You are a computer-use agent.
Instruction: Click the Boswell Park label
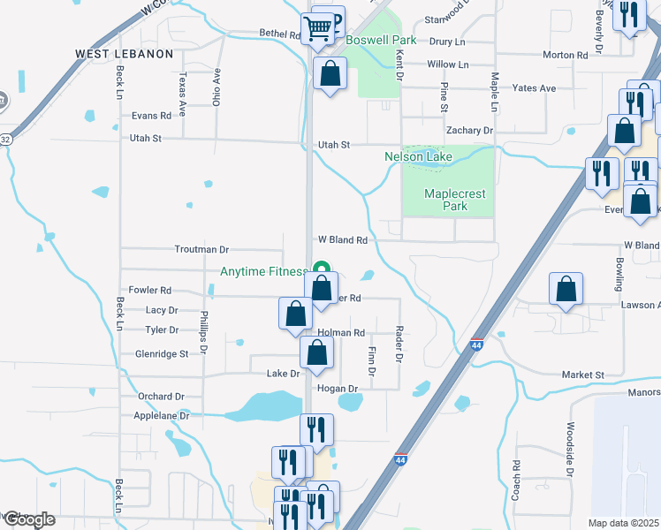(380, 41)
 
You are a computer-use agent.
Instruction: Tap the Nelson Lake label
(418, 157)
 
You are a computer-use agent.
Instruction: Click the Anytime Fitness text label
(263, 271)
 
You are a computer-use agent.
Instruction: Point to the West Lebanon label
(124, 54)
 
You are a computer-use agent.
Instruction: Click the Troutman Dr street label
(202, 250)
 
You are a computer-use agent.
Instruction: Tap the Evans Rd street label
(150, 116)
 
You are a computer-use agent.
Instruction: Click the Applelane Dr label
(161, 415)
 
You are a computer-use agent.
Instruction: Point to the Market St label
(581, 375)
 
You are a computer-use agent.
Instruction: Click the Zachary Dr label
(469, 130)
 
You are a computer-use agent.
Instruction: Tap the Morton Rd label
(566, 55)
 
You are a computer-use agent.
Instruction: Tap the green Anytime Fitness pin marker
(323, 270)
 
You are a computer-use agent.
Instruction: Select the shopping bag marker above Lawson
(566, 290)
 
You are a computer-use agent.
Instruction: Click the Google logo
(29, 519)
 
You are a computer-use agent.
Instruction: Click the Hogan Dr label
(337, 389)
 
